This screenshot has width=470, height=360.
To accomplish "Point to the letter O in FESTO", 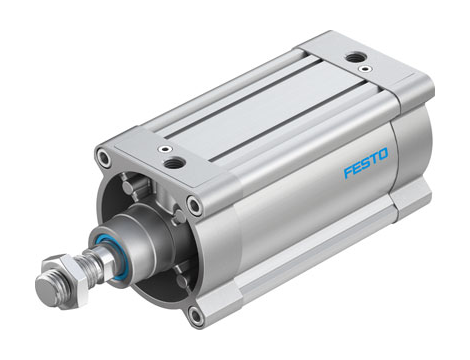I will [x=386, y=151].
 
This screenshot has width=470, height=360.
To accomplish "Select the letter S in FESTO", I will [x=366, y=162].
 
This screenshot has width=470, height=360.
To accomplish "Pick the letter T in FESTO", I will [x=376, y=157].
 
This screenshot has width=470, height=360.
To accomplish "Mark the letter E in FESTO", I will [x=356, y=167].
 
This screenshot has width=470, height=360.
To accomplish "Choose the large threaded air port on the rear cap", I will [x=356, y=58].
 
